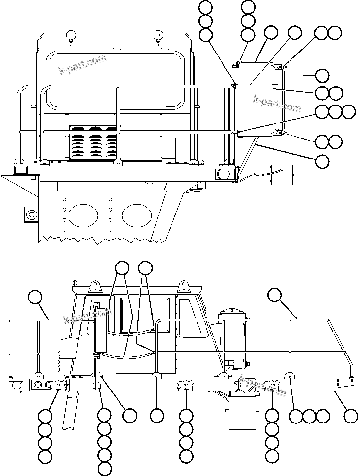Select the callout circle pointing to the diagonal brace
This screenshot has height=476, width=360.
(x=322, y=161)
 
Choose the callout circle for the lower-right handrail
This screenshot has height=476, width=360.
(x=274, y=295)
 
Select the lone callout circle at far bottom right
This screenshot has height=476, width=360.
(x=350, y=416)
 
